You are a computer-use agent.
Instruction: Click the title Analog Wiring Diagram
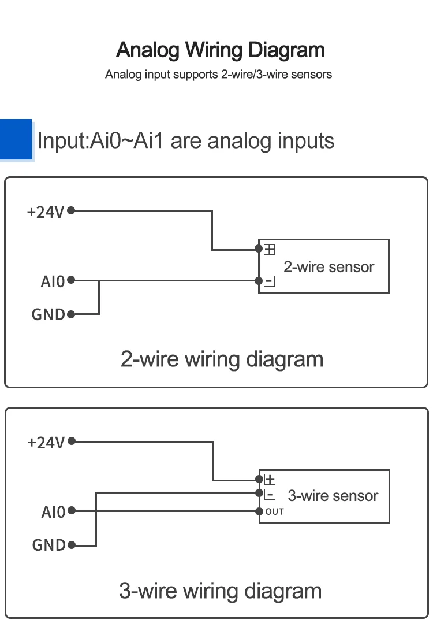point(221,50)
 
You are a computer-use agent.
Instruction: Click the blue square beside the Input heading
point(16,139)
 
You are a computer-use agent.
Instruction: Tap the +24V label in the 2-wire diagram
point(46,212)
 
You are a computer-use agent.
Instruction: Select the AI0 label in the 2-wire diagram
point(53,281)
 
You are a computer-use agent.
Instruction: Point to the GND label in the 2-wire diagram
point(48,315)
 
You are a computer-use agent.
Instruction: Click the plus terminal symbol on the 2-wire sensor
point(270,250)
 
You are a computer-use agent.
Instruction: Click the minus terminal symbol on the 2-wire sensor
point(270,281)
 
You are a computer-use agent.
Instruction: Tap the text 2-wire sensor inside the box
point(329,267)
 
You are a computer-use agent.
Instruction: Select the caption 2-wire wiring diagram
point(222,359)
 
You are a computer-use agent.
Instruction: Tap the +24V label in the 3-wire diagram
point(46,443)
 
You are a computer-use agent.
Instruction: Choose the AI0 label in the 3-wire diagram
point(53,512)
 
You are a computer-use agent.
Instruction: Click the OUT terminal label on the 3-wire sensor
point(275,511)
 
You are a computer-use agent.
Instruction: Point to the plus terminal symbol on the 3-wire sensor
point(270,479)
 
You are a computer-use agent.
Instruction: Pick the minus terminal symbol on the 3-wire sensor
point(270,494)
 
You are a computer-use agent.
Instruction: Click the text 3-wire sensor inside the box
point(333,496)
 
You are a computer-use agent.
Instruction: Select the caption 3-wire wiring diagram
point(220,591)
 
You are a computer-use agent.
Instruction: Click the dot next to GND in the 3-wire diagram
point(72,545)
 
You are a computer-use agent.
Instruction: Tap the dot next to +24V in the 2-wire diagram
point(71,211)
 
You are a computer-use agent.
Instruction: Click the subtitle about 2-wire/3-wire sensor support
point(218,75)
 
